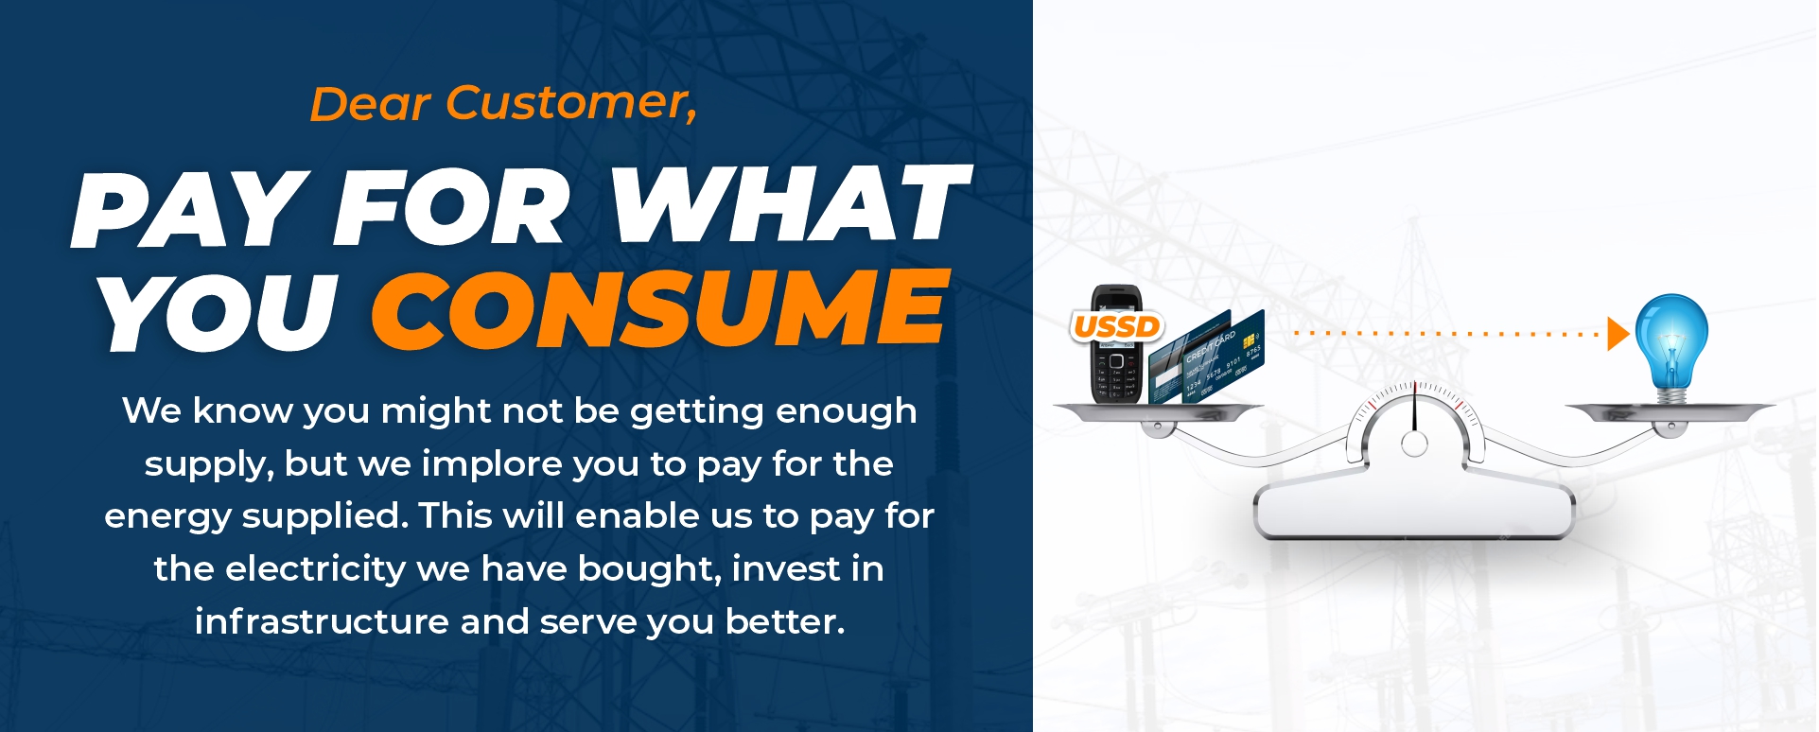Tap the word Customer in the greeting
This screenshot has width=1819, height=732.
click(571, 102)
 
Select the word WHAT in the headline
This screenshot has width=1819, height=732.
click(790, 204)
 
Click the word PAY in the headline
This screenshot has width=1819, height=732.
click(185, 209)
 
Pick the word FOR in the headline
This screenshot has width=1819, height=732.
click(452, 207)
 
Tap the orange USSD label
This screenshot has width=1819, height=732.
click(1117, 326)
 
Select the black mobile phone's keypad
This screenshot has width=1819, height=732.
click(1117, 377)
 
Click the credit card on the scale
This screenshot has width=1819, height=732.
click(1206, 357)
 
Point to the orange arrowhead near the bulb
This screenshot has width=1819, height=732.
click(1618, 334)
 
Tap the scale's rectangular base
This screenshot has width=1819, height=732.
click(1413, 510)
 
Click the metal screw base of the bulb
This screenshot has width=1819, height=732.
click(1671, 394)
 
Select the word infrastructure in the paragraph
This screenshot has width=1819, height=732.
click(322, 621)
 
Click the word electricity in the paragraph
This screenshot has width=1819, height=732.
click(316, 568)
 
